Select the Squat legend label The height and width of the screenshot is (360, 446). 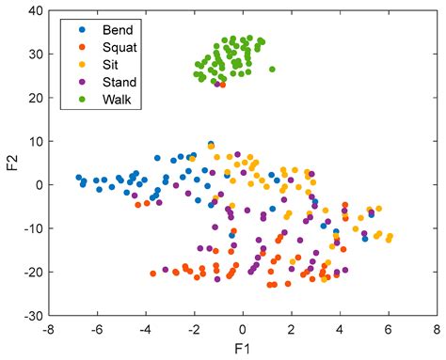[x=109, y=46]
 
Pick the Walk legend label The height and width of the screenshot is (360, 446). [x=106, y=97]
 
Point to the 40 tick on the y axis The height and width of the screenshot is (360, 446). [x=36, y=10]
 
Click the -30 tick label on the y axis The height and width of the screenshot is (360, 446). [x=32, y=316]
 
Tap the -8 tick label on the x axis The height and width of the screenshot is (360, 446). [x=47, y=330]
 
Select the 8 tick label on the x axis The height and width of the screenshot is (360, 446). [x=436, y=330]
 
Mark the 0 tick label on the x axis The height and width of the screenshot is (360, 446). [x=242, y=330]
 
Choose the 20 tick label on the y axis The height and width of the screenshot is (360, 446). [x=36, y=98]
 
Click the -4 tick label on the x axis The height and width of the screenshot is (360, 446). [x=143, y=330]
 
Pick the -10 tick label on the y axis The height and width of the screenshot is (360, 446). [x=32, y=228]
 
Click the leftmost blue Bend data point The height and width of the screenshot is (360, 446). [x=79, y=177]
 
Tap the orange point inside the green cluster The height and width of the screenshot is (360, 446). [x=222, y=85]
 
